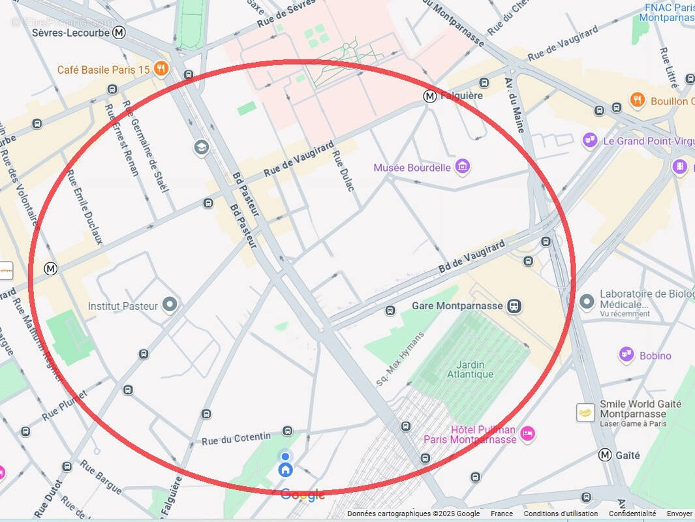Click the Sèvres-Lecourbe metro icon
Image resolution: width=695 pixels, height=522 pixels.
119,32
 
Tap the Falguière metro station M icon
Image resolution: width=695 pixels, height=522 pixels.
430,96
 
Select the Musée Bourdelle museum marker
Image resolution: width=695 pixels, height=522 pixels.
463,167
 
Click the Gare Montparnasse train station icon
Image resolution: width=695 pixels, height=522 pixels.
515,306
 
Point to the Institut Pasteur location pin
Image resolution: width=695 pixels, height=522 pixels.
170,304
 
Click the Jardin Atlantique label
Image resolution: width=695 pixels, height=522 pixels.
470,369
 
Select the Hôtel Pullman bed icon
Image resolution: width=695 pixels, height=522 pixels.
527,432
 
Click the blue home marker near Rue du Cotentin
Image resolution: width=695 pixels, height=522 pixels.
285,469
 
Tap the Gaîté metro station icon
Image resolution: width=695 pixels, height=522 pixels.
606,455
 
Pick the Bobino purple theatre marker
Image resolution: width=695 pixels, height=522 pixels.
626,355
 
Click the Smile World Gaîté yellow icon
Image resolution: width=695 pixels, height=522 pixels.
585,412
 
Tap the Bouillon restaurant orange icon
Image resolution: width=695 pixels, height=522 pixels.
638,100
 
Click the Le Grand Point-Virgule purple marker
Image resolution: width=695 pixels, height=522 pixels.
590,140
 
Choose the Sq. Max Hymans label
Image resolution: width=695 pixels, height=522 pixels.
400,360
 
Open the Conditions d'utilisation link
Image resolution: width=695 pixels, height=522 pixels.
561,514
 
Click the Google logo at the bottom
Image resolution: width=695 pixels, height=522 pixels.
303,495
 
